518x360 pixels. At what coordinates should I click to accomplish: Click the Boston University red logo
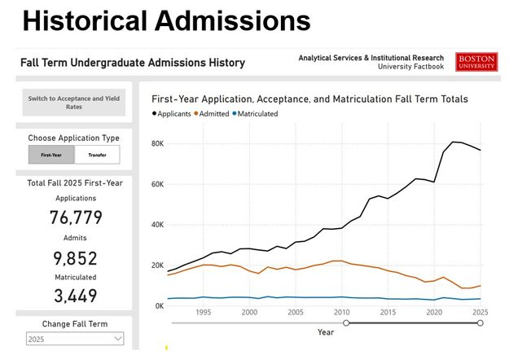(476, 63)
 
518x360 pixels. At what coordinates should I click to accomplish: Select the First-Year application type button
(51, 155)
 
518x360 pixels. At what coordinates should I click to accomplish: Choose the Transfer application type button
(97, 155)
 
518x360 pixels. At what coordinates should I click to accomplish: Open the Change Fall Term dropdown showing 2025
(75, 339)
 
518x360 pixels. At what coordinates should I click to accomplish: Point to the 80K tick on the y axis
(157, 144)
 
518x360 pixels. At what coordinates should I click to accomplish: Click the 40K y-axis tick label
(157, 225)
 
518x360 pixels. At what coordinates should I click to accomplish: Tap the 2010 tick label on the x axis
(342, 312)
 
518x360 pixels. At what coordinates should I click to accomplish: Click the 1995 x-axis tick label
(204, 312)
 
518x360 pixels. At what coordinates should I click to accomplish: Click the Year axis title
(326, 331)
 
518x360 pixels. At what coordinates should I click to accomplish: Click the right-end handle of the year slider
(481, 323)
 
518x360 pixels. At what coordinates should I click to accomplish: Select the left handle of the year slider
(346, 323)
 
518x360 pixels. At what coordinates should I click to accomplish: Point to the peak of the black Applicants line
(454, 142)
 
